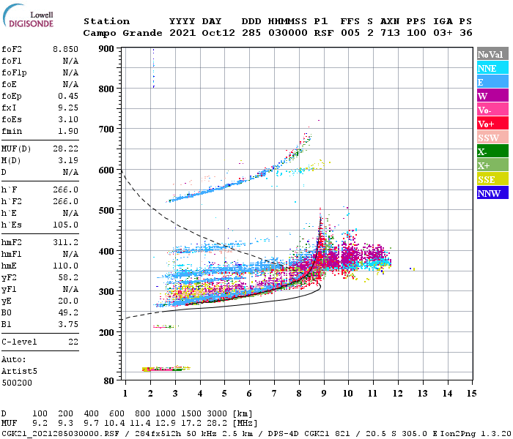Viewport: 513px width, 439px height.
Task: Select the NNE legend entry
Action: (x=492, y=68)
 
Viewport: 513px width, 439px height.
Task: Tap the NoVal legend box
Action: (x=492, y=54)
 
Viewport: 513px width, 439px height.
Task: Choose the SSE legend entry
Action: (x=492, y=180)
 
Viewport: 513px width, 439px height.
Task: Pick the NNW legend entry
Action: (x=492, y=194)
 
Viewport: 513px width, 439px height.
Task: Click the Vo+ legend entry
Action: (x=492, y=124)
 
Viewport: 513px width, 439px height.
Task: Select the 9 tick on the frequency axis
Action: (x=323, y=394)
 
